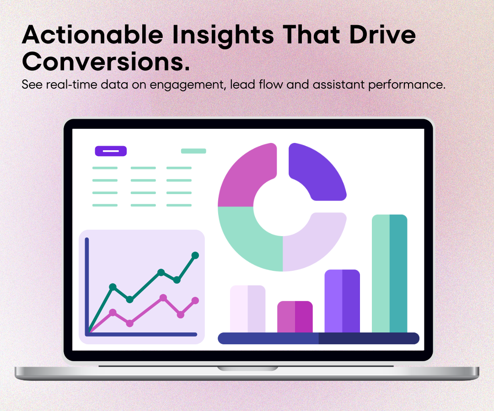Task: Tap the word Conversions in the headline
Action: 105,62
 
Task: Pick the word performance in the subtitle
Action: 405,85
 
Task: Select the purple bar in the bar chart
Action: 342,301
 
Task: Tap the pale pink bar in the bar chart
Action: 247,309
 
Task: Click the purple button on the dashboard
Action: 111,151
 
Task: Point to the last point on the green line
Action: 195,255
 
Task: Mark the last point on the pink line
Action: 195,300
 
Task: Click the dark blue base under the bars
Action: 318,338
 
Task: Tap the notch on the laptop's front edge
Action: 247,368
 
